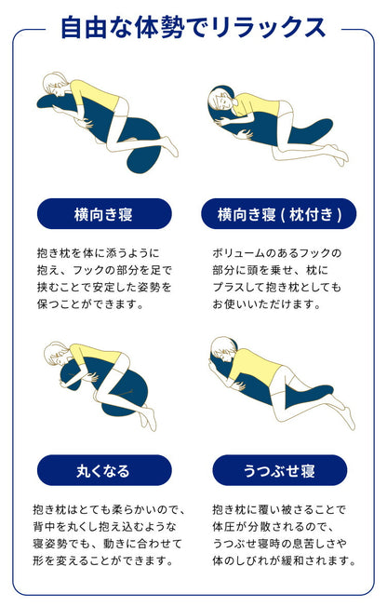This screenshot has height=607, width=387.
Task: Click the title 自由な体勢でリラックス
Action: tap(193, 28)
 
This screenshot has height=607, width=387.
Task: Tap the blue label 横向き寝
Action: tap(104, 213)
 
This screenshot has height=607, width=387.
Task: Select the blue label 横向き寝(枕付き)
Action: tap(279, 213)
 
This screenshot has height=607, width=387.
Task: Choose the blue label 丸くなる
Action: tap(104, 470)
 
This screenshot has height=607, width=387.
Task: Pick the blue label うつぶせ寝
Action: tap(279, 470)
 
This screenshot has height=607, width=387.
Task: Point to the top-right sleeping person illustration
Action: tap(277, 126)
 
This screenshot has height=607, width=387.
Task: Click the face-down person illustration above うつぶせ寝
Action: tap(279, 382)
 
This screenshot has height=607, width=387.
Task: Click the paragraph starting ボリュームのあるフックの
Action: tap(277, 277)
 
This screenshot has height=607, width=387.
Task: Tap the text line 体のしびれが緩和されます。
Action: tap(283, 561)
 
